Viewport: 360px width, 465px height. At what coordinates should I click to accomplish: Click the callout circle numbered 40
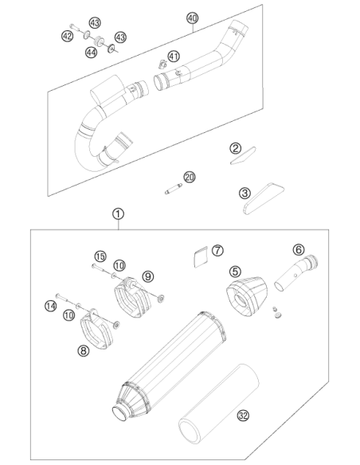pyautogui.click(x=192, y=18)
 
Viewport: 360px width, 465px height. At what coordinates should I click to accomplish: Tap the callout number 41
pyautogui.click(x=174, y=56)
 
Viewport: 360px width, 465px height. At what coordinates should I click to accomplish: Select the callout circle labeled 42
pyautogui.click(x=68, y=36)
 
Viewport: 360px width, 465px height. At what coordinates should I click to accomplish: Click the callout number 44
pyautogui.click(x=91, y=53)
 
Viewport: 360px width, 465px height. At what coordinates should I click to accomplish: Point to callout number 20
pyautogui.click(x=190, y=178)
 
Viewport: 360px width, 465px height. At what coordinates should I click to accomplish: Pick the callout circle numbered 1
pyautogui.click(x=118, y=214)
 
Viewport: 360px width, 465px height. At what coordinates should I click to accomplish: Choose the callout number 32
pyautogui.click(x=243, y=416)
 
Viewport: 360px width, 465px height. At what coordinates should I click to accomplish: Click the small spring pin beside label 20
pyautogui.click(x=174, y=189)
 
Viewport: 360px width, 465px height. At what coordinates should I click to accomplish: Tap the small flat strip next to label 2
pyautogui.click(x=244, y=155)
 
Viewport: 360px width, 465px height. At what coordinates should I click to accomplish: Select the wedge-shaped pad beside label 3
pyautogui.click(x=264, y=198)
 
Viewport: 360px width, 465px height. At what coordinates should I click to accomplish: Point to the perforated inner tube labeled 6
pyautogui.click(x=296, y=273)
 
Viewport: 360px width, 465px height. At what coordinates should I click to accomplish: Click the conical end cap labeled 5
pyautogui.click(x=246, y=296)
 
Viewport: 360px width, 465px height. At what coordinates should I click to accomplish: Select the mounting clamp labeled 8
pyautogui.click(x=97, y=329)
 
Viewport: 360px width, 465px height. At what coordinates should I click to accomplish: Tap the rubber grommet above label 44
pyautogui.click(x=98, y=41)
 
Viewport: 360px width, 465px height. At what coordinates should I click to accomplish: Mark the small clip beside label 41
pyautogui.click(x=162, y=64)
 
